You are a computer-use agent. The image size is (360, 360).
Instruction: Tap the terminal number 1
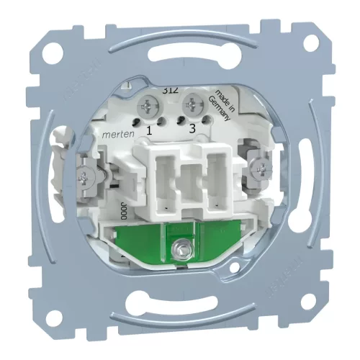click(x=149, y=131)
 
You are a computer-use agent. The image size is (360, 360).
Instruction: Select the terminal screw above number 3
click(x=193, y=102)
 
